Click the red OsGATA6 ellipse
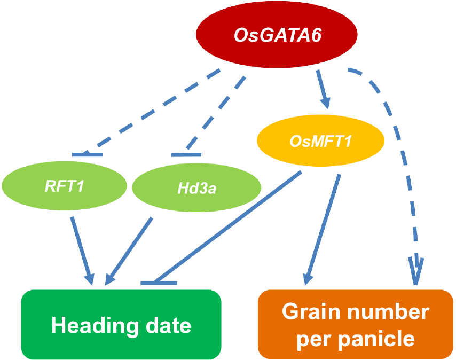(278, 36)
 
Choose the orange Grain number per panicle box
(355, 324)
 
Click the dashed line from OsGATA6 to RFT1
(160, 109)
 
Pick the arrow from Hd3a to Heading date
(130, 248)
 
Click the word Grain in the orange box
(307, 311)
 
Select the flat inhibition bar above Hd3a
(186, 155)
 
